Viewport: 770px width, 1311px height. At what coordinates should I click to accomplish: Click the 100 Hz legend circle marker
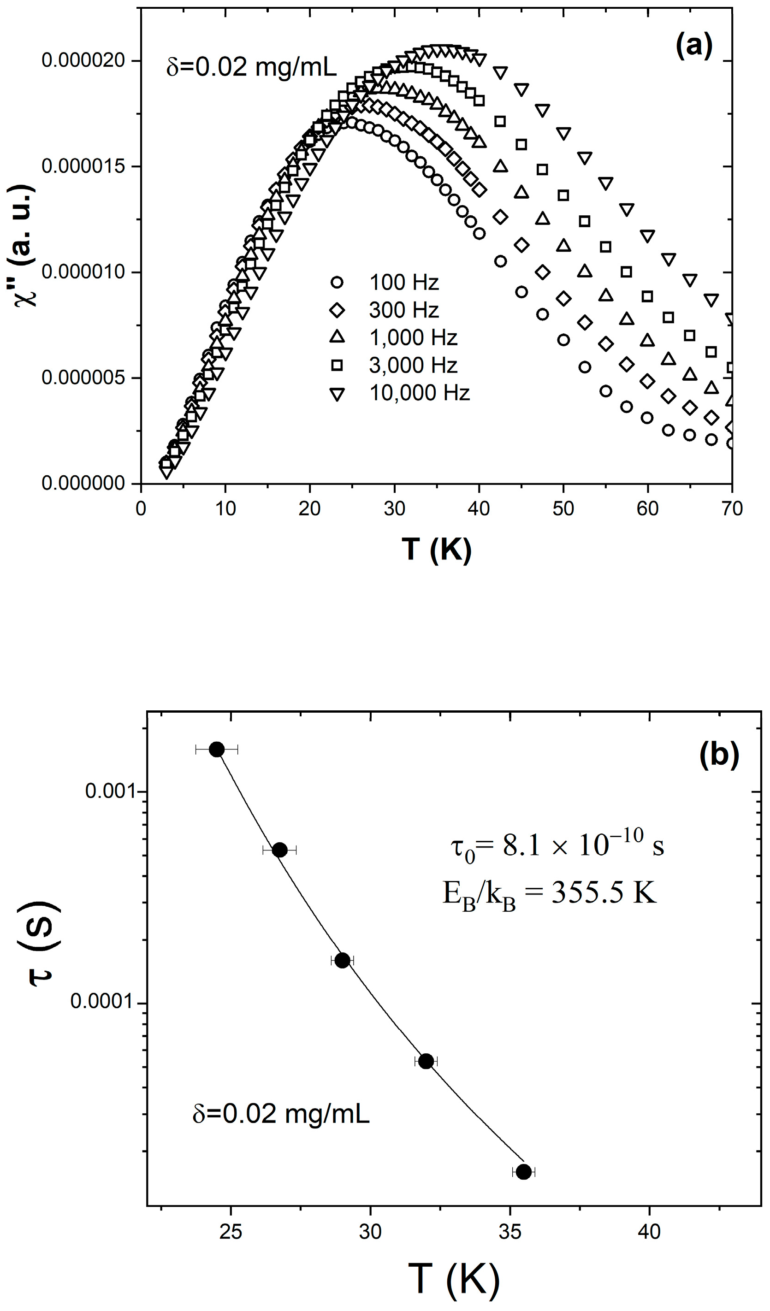coord(337,283)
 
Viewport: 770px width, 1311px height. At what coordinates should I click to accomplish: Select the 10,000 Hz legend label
coord(419,393)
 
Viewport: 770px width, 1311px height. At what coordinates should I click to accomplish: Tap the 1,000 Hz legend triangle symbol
coord(337,337)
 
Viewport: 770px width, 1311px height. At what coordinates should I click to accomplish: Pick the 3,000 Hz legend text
coord(413,365)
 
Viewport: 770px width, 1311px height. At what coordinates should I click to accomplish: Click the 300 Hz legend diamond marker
coord(337,310)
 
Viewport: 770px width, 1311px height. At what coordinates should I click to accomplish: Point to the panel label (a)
coord(693,46)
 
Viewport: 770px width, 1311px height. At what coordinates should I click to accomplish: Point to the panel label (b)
coord(719,754)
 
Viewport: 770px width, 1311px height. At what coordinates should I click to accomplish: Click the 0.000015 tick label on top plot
coord(83,166)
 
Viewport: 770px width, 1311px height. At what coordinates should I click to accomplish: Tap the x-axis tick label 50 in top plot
coord(563,508)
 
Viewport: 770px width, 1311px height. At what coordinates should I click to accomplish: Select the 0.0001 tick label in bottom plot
coord(102,1000)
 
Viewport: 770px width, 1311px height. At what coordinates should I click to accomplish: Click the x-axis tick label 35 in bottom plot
coord(510,1231)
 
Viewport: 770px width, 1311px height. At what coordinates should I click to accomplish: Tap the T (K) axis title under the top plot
coord(436,549)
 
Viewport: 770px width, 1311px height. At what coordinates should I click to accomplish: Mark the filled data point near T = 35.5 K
coord(523,1172)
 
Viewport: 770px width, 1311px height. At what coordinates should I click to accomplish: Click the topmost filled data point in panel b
coord(216,749)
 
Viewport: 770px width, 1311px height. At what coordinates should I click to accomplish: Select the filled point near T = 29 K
coord(342,960)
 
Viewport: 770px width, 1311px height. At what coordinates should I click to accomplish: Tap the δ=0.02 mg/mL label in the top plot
coord(251,67)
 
